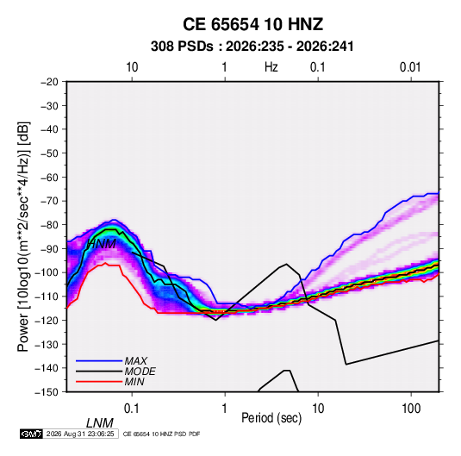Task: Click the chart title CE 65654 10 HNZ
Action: click(252, 24)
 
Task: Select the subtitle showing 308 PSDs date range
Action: click(252, 47)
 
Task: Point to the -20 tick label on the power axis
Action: click(49, 82)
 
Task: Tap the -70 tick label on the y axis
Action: click(49, 201)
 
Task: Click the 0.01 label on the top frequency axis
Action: click(410, 67)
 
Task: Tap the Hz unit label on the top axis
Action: click(271, 67)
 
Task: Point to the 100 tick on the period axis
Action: click(411, 409)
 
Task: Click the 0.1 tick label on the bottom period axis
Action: click(132, 409)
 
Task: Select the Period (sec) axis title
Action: click(271, 418)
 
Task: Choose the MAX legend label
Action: click(136, 361)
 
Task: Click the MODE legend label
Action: click(140, 372)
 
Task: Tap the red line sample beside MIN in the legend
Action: click(99, 382)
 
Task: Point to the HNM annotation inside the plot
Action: click(102, 244)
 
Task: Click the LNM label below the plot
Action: click(99, 423)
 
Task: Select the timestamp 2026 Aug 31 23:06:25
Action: click(80, 434)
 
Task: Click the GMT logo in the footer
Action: click(32, 434)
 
